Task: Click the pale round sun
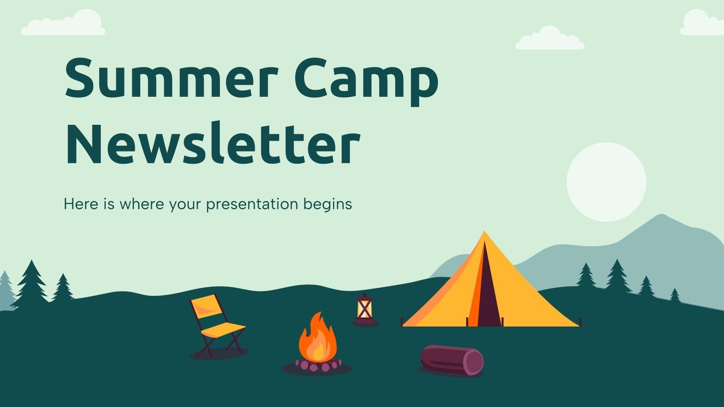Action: point(606,182)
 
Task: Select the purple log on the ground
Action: point(451,360)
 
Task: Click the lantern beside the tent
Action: point(364,309)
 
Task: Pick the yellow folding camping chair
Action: point(216,323)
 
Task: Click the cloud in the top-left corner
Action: point(63,25)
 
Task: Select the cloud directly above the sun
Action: point(549,40)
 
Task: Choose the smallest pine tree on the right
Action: point(675,296)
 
